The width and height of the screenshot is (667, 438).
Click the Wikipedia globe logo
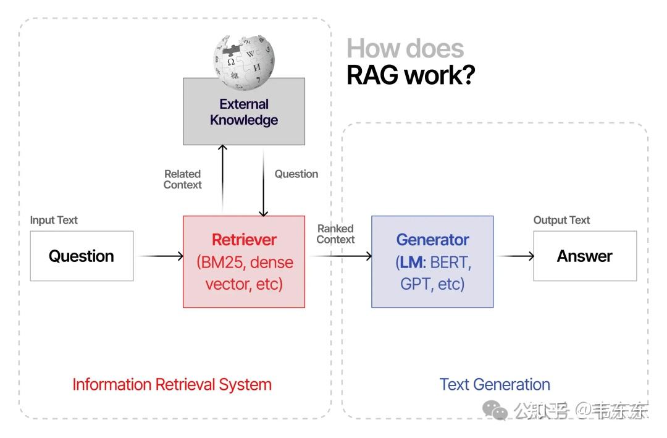[244, 62]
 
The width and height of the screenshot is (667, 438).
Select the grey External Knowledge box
[244, 112]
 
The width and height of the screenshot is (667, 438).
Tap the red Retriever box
[244, 262]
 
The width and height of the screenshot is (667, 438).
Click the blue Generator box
[432, 262]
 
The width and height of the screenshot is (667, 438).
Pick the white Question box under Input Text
[82, 256]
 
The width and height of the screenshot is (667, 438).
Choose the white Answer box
[585, 256]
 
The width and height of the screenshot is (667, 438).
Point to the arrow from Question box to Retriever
[161, 256]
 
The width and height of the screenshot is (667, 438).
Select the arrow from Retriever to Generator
[341, 256]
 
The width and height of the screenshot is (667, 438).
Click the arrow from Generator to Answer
[516, 256]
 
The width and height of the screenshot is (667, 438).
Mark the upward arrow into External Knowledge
[222, 179]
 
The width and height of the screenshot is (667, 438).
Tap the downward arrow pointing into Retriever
[263, 183]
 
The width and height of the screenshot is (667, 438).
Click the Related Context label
[182, 179]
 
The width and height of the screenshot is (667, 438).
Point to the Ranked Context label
[335, 234]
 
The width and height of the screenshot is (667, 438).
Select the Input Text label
[54, 220]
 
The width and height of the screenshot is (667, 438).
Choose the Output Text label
[561, 220]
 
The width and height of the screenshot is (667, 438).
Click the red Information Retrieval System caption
[172, 384]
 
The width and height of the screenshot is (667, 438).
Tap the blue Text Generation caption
[495, 384]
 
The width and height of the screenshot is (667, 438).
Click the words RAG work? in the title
[411, 75]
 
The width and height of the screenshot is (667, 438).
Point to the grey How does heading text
[405, 48]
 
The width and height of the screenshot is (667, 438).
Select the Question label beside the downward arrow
[296, 174]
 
